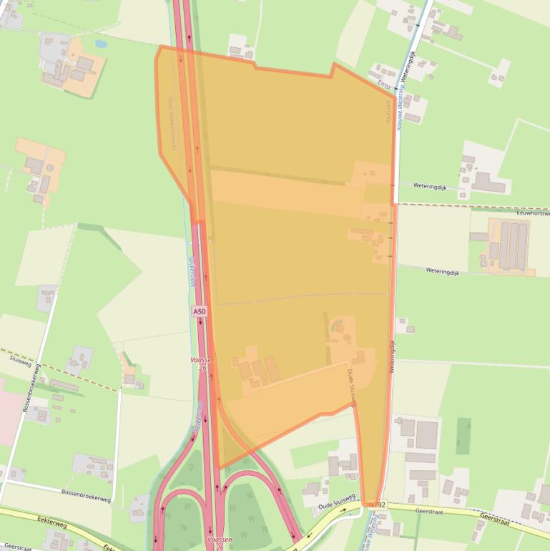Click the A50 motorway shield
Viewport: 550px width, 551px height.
pyautogui.click(x=200, y=312)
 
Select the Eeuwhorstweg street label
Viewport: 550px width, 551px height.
pyautogui.click(x=532, y=213)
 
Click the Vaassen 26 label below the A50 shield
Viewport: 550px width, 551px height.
pyautogui.click(x=203, y=364)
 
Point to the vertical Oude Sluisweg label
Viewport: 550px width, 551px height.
pyautogui.click(x=351, y=389)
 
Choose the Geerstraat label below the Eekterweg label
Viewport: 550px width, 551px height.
pyautogui.click(x=16, y=546)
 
